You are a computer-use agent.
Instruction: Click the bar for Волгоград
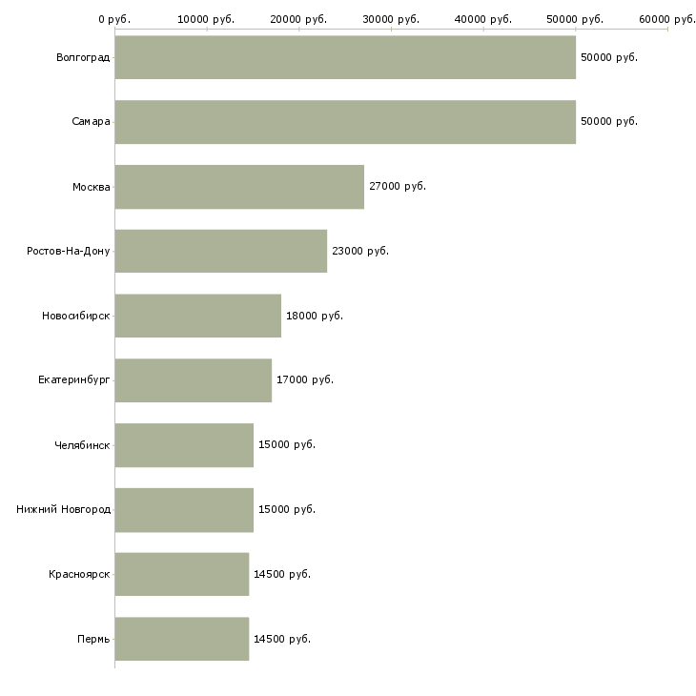[345, 57]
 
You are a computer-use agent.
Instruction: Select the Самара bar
[345, 122]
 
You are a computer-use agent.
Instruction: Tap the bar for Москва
[239, 187]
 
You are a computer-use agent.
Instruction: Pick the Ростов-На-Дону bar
[221, 251]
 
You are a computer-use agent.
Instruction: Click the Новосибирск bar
[198, 316]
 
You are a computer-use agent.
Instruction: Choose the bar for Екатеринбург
[194, 380]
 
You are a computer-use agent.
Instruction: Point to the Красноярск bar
[182, 574]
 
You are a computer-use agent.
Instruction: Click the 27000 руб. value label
[398, 187]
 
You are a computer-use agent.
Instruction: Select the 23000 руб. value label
[360, 251]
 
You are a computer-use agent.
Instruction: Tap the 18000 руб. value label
[315, 316]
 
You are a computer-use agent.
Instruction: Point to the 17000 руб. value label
[305, 380]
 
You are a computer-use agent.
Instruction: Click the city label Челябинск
[82, 445]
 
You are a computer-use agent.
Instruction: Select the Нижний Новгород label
[64, 509]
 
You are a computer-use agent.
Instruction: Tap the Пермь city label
[93, 639]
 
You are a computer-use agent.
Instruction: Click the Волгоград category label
[83, 57]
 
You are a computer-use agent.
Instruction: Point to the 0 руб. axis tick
[114, 19]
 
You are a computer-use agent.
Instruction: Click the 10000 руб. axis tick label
[207, 19]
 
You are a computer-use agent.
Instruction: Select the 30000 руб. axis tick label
[391, 19]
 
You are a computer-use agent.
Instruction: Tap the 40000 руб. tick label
[483, 19]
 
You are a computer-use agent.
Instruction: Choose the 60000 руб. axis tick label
[666, 19]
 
